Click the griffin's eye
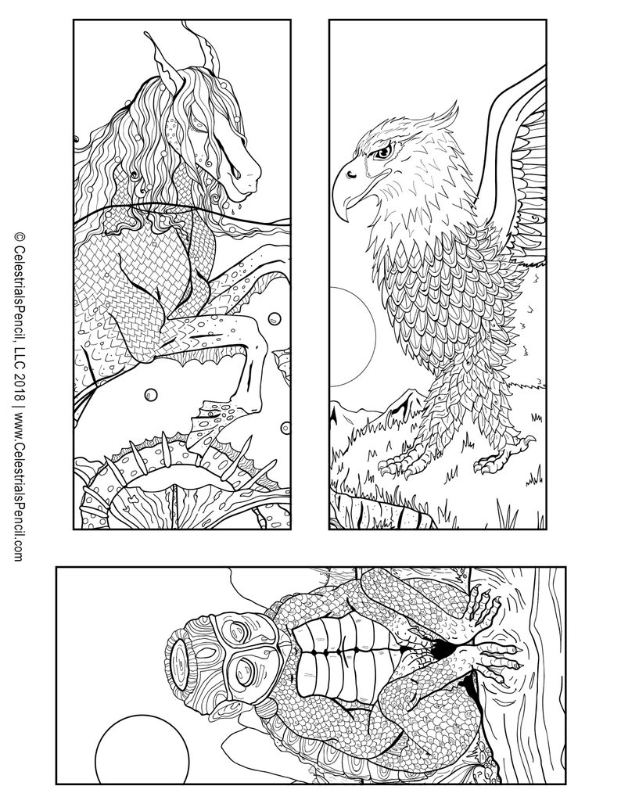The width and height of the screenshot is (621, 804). [381, 153]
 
